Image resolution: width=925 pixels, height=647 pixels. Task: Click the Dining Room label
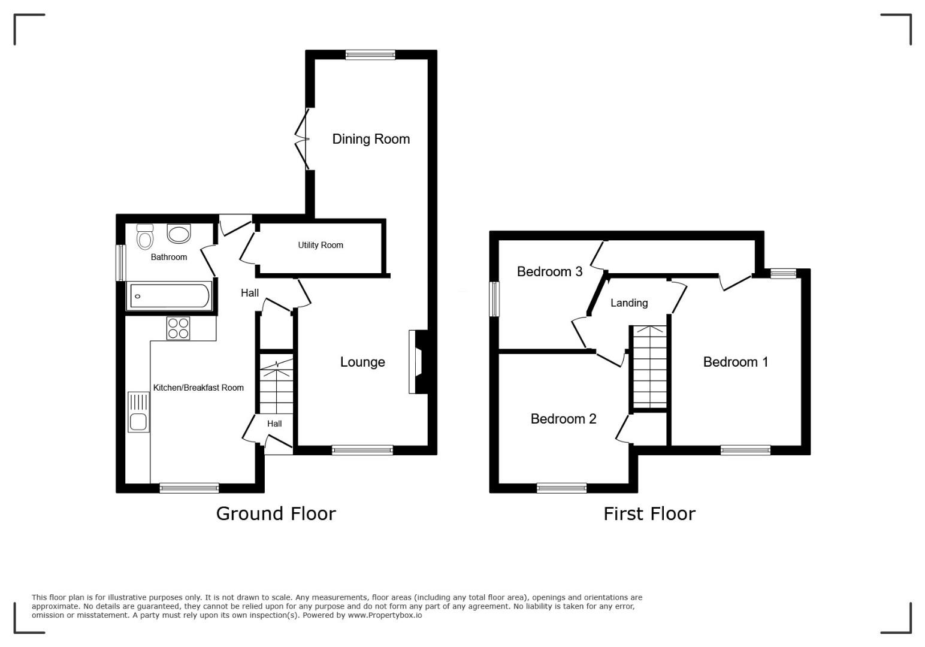coord(371,139)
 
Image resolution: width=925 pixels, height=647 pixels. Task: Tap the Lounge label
coord(362,362)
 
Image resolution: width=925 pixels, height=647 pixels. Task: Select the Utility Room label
coord(321,245)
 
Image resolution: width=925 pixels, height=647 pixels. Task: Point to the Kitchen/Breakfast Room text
coord(198,388)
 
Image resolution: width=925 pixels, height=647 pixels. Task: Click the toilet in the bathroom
coord(145,237)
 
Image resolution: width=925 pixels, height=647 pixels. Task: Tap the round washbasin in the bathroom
coord(179,234)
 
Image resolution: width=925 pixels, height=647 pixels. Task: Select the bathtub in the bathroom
coord(170,295)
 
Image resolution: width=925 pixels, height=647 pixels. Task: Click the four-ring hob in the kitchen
coord(179,328)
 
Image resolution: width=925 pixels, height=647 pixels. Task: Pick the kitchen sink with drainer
coord(138,412)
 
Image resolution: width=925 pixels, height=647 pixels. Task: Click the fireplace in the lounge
coord(418,362)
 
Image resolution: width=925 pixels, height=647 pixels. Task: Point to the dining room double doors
coord(303,139)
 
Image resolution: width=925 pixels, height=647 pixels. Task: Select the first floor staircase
coord(650,367)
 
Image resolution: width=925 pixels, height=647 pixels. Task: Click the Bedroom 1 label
coord(736,362)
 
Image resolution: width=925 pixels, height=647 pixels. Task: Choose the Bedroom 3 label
coord(549,272)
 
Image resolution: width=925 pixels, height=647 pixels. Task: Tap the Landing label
coord(629,303)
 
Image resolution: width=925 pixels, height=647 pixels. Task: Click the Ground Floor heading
coord(276,514)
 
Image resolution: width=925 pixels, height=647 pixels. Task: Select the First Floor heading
coord(649,514)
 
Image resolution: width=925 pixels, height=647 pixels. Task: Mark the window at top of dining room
coord(370,55)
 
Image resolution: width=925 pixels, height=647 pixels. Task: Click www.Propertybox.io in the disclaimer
coord(385,615)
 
